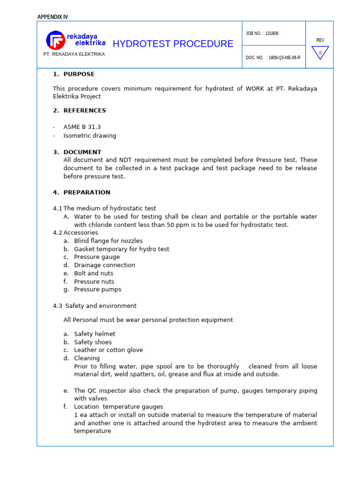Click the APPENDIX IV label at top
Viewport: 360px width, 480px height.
coord(52,17)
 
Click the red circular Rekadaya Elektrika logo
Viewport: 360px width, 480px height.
coord(55,40)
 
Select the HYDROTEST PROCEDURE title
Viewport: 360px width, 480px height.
coord(173,44)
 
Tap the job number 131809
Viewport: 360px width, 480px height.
coord(271,34)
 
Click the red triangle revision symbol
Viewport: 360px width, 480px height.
coord(320,52)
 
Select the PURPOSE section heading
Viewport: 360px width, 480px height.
coord(79,74)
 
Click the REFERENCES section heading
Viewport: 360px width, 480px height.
coord(84,111)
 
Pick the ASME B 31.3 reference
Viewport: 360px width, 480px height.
coord(82,127)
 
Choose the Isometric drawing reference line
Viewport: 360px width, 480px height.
coord(90,135)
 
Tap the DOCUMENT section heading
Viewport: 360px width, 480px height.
coord(82,152)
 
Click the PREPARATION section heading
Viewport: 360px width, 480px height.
coord(87,192)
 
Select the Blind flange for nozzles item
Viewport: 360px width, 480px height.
coord(108,241)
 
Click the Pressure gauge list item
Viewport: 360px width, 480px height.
coord(97,257)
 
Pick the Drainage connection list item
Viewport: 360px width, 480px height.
coord(104,265)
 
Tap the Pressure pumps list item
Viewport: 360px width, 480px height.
coord(97,289)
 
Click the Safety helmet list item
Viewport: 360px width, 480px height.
coord(94,334)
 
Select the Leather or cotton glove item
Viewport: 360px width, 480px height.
coord(108,350)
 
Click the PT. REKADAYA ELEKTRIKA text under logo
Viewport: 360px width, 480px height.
coord(74,54)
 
